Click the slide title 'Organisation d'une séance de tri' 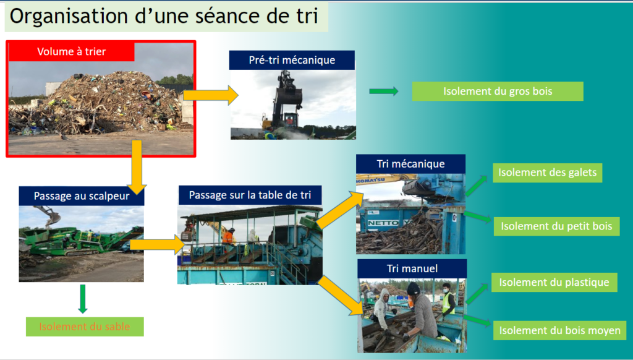tap(164, 17)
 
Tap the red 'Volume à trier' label tap(72, 52)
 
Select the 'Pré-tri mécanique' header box tap(292, 60)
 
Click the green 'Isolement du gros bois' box tap(498, 92)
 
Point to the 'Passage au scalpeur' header tap(82, 196)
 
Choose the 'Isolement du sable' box tap(85, 327)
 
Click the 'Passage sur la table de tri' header tap(250, 195)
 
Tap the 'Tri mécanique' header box tap(410, 164)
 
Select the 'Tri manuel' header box tap(412, 268)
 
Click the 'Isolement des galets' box tap(548, 173)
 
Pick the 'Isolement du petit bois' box tap(557, 226)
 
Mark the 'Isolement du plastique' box tap(554, 282)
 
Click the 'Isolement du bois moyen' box tap(559, 330)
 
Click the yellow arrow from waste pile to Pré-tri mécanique tap(210, 95)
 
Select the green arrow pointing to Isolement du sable tap(83, 299)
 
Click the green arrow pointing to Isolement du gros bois tap(383, 92)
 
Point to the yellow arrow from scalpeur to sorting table tap(157, 244)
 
